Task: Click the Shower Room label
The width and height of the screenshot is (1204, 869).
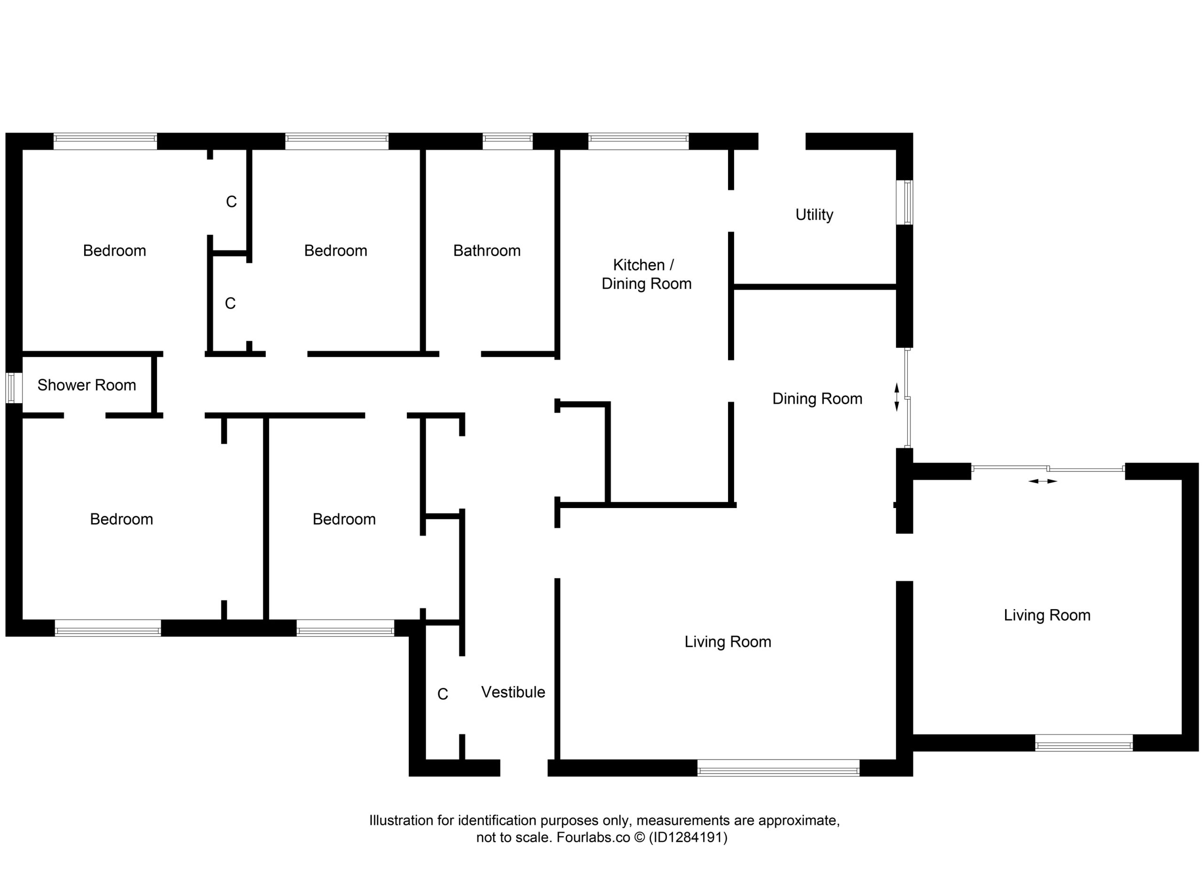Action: point(87,385)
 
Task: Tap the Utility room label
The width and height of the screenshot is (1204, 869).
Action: point(814,215)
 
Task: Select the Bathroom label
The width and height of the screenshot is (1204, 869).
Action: point(487,251)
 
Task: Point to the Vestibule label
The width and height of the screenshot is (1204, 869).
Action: point(513,692)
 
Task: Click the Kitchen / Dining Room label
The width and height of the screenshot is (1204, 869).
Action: point(646,274)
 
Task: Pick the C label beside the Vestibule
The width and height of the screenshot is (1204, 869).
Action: point(443,695)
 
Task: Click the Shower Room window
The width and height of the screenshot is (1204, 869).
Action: point(11,388)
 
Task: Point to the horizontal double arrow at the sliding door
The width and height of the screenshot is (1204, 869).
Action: point(1043,481)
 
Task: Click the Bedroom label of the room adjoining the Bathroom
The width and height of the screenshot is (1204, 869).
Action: point(335,251)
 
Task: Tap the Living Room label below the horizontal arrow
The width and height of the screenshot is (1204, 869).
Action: point(1047,615)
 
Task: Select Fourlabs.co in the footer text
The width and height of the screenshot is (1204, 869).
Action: point(593,838)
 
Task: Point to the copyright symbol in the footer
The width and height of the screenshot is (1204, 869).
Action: point(640,838)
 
